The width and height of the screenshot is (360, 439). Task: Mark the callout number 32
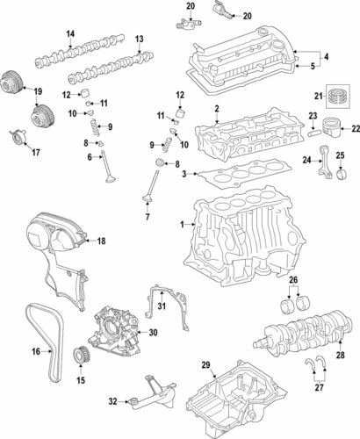[x=112, y=401]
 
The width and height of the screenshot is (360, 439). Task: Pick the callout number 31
[x=162, y=305]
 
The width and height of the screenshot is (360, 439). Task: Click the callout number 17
[x=36, y=152]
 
